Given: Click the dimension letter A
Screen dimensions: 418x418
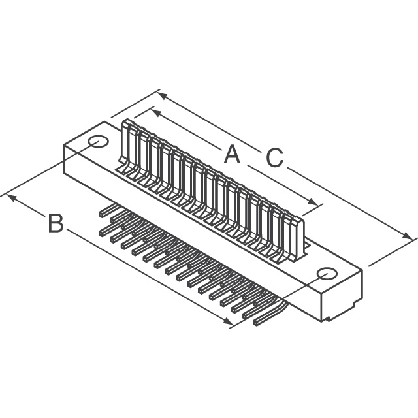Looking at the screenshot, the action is (232, 154).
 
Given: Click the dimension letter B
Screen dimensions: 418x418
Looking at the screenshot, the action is (56, 223).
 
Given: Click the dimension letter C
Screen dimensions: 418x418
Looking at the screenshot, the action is (274, 157).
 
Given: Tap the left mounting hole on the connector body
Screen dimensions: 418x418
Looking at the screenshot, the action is (99, 142).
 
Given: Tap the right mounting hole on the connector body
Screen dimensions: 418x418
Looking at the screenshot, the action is (327, 274).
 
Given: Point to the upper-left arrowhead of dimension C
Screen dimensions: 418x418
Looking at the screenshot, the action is (162, 96).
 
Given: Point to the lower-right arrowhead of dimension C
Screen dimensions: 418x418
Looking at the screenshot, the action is (408, 235).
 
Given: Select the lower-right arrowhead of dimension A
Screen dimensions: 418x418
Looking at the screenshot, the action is (313, 202).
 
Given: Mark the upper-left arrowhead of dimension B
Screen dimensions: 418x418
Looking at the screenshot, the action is (10, 198).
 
